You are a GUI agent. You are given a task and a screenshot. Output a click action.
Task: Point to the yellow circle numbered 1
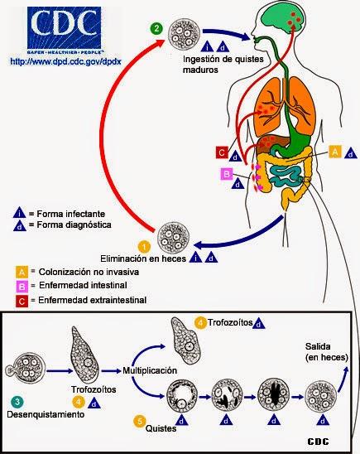[143, 247]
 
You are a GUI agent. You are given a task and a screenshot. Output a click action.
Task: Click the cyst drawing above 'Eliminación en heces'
[175, 233]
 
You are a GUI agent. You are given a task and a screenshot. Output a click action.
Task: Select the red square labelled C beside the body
[221, 152]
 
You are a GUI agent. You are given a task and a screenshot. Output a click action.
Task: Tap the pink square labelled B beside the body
[225, 174]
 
